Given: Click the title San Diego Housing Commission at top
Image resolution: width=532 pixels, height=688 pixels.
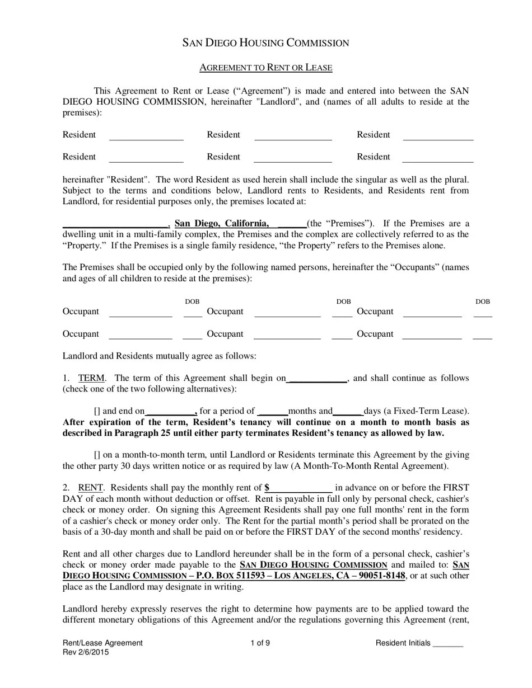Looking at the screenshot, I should [266, 43].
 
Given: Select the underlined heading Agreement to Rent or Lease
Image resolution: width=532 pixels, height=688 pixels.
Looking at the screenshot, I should [266, 68].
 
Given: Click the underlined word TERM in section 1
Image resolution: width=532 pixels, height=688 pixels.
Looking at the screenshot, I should [91, 378].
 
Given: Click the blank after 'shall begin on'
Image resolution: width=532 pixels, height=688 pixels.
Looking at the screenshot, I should [317, 379].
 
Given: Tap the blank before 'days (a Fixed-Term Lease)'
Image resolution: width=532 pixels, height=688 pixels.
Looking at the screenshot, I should [347, 411].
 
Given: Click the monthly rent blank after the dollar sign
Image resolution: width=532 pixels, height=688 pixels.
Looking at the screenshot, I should [301, 488].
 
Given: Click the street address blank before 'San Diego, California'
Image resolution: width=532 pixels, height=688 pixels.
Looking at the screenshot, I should [115, 224].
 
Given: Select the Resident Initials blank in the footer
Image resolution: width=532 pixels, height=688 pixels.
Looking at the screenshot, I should [448, 644].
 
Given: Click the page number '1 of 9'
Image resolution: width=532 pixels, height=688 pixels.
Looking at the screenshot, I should [260, 643].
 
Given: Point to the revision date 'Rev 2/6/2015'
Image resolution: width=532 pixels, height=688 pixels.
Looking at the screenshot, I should [86, 652].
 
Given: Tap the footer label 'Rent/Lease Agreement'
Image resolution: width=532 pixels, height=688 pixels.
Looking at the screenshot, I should [102, 643].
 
